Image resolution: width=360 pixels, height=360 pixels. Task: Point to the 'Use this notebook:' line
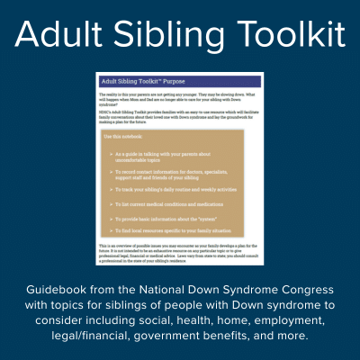click(x=131, y=136)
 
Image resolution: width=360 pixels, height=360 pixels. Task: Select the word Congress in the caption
click(x=304, y=290)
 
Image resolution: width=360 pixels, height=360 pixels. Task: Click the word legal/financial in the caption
click(x=73, y=336)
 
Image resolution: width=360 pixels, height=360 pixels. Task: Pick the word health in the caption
click(x=180, y=320)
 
